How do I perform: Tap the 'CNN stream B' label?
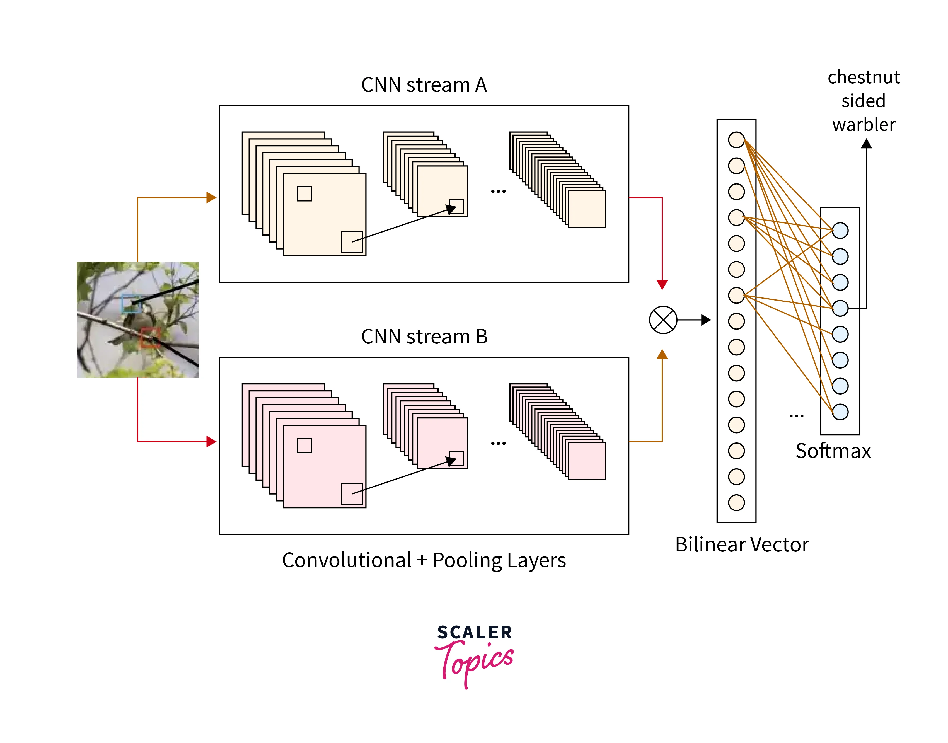click(x=424, y=337)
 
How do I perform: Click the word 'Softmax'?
click(x=833, y=451)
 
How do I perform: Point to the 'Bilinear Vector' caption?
click(x=741, y=544)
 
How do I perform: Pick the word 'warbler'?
click(x=864, y=124)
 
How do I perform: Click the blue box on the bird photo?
click(x=130, y=304)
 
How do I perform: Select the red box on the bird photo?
click(x=150, y=338)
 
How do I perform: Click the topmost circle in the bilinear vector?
click(x=736, y=140)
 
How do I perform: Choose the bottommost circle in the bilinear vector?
click(x=736, y=502)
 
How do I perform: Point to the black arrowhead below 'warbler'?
click(x=866, y=144)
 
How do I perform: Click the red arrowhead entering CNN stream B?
click(x=211, y=442)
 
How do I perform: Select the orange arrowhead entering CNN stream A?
click(x=211, y=197)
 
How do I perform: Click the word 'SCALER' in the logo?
click(x=474, y=633)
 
